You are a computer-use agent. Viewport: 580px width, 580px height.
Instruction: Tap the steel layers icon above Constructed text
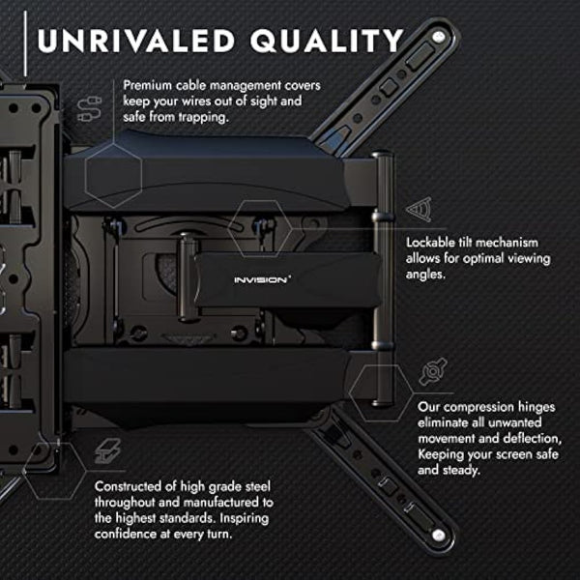pos(105,451)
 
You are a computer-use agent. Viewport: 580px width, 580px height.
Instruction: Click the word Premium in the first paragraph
pos(149,85)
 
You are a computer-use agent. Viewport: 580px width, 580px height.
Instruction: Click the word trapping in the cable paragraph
pos(207,118)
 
